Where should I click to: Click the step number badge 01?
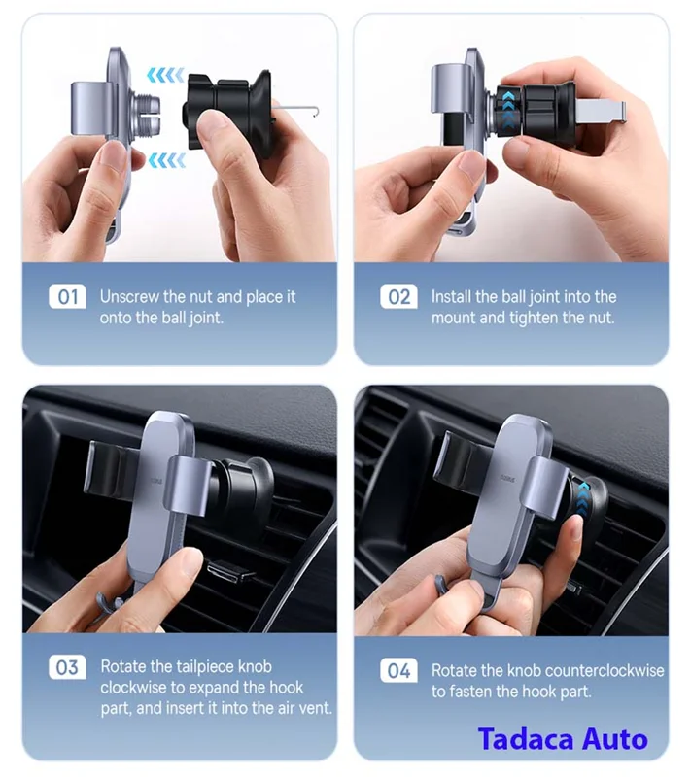point(67,297)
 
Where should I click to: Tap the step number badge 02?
point(398,297)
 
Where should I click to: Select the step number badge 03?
point(67,667)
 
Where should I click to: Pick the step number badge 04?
point(398,671)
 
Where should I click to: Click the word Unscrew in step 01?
point(130,297)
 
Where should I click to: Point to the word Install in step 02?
point(451,297)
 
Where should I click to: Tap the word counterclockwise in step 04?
point(586,670)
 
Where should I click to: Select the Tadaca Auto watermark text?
point(563,738)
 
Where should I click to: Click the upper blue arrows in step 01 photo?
point(165,75)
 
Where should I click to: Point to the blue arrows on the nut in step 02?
point(508,108)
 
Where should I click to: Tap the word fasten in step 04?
point(479,692)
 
